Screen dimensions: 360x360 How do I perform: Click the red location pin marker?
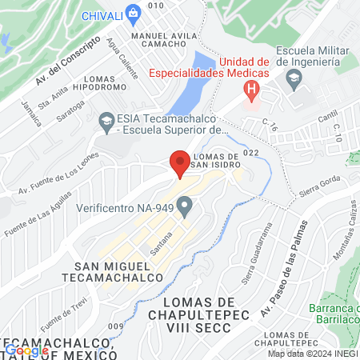click(x=179, y=163)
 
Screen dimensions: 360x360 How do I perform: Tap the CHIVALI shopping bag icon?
click(x=133, y=13)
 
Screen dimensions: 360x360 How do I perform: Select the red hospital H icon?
click(x=252, y=89)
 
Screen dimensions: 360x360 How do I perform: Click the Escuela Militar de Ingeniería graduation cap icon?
click(x=294, y=78)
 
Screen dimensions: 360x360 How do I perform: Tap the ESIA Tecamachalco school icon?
click(x=106, y=121)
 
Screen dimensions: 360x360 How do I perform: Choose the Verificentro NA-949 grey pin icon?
click(x=186, y=208)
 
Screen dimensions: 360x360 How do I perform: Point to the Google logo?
click(x=27, y=350)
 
